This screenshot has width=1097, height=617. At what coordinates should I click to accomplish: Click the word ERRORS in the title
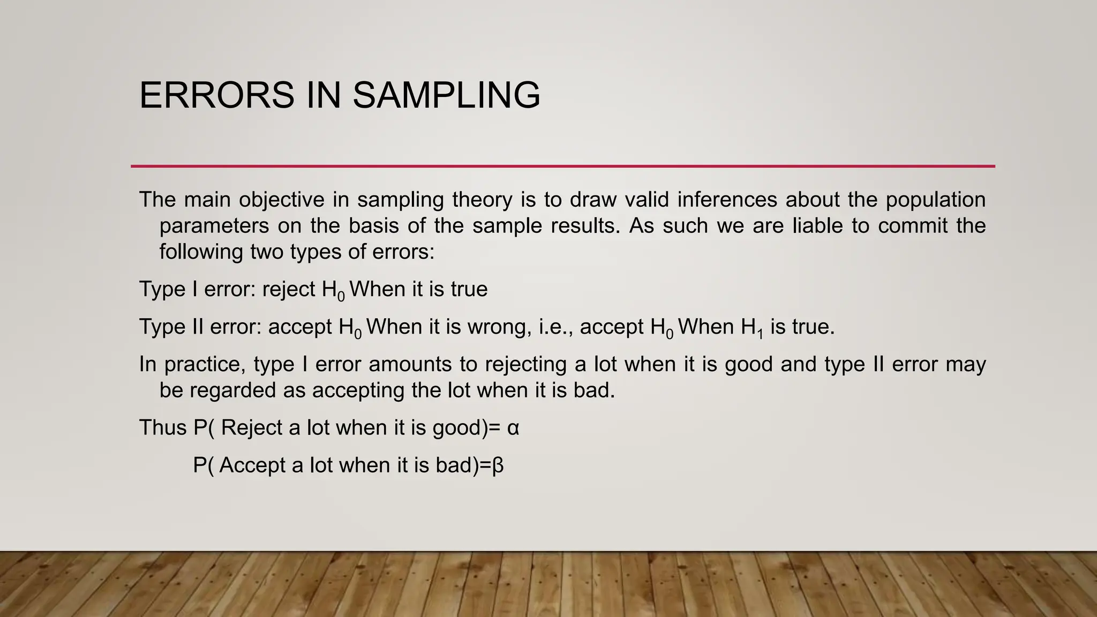point(217,95)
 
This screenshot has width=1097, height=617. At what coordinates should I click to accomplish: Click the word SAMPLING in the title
point(446,95)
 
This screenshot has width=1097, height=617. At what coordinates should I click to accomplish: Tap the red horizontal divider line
point(562,166)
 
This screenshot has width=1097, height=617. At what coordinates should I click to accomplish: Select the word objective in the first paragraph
point(281,200)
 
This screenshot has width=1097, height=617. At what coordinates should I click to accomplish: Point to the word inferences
point(727,200)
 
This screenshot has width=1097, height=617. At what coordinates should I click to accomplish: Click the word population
point(935,200)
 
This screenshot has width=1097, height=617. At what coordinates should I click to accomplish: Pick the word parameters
point(214,226)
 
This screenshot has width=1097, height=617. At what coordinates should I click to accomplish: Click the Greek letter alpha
point(513,428)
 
